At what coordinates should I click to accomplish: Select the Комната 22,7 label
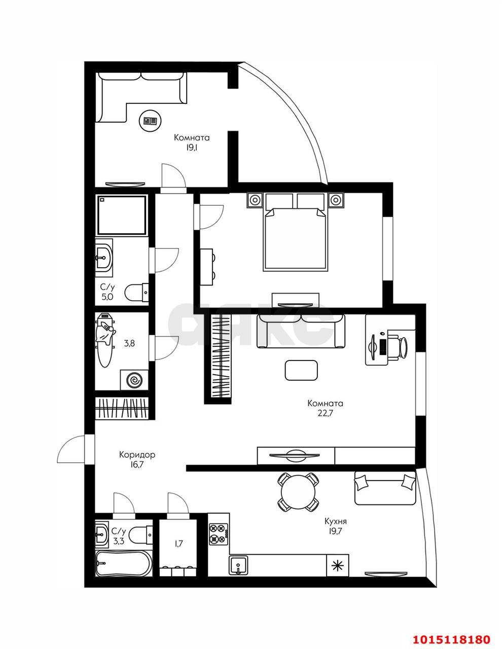[325, 408]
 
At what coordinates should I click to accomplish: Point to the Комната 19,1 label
[192, 142]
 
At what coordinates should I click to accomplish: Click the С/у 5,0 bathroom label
[107, 292]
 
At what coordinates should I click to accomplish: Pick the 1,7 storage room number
[178, 544]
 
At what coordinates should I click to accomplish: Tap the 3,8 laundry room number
[129, 343]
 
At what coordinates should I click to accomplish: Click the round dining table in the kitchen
[298, 492]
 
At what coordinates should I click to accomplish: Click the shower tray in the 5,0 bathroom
[122, 215]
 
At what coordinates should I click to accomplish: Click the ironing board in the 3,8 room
[105, 340]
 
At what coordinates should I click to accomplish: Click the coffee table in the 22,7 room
[301, 370]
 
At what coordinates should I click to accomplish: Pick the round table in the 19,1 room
[151, 121]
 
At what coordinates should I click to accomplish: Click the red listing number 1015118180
[451, 631]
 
